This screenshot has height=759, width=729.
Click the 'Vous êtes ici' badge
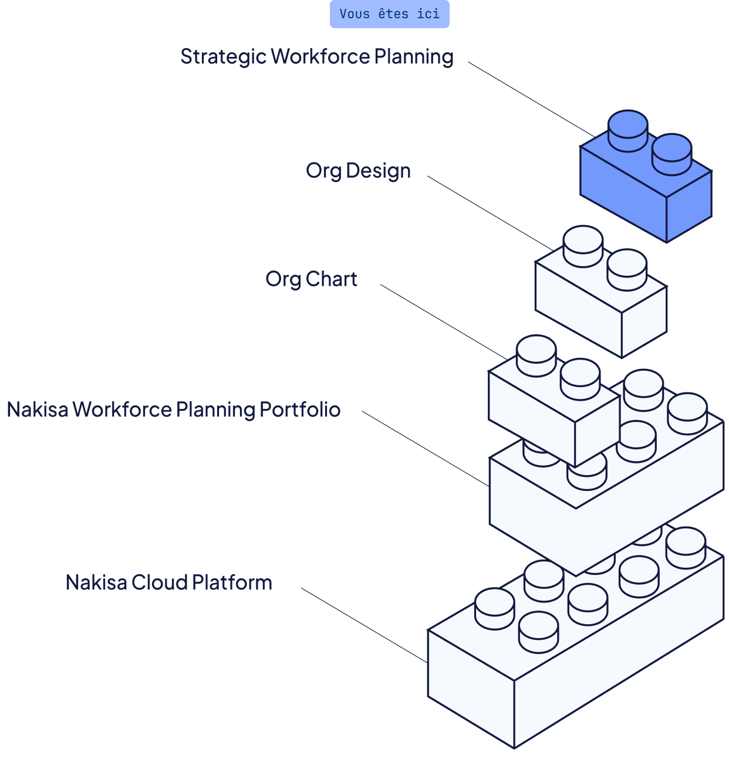pyautogui.click(x=389, y=14)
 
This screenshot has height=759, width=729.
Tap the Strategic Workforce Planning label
pyautogui.click(x=316, y=57)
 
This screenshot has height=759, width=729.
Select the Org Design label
pyautogui.click(x=358, y=171)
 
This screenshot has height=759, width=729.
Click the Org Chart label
pyautogui.click(x=311, y=279)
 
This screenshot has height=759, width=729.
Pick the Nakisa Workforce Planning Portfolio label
pyautogui.click(x=174, y=409)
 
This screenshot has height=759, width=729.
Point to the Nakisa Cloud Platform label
pyautogui.click(x=169, y=582)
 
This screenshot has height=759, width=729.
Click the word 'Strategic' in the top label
pyautogui.click(x=222, y=57)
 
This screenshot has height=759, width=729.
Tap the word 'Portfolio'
pyautogui.click(x=300, y=409)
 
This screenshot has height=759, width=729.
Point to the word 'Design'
pyautogui.click(x=378, y=171)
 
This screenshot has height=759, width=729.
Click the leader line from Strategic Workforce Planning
pyautogui.click(x=528, y=97)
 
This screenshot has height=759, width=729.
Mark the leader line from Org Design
pyautogui.click(x=487, y=211)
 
